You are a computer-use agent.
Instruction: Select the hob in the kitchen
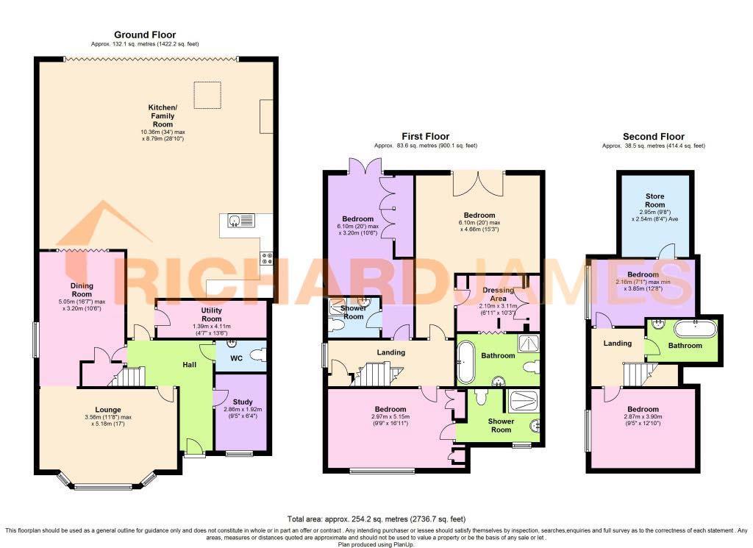(x=265, y=258)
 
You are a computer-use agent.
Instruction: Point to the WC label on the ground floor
(x=237, y=357)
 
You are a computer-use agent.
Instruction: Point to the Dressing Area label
(x=499, y=294)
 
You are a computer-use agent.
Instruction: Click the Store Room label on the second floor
(x=654, y=201)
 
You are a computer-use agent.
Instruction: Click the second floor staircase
(x=638, y=375)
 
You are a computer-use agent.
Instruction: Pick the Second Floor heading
(x=653, y=137)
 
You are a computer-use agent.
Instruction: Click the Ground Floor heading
(x=145, y=35)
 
